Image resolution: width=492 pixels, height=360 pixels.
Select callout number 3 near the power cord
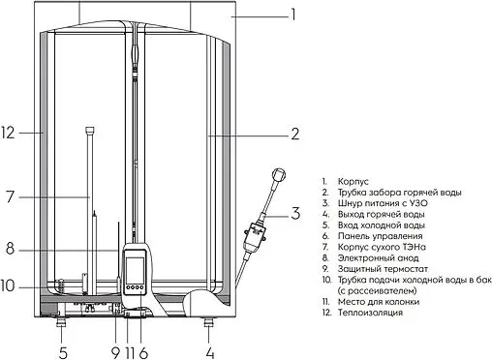(296, 213)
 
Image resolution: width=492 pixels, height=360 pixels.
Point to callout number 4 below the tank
(209, 351)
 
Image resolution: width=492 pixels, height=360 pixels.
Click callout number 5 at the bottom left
(63, 351)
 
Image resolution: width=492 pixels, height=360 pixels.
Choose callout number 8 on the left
(9, 249)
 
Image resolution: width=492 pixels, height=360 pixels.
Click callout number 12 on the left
(9, 133)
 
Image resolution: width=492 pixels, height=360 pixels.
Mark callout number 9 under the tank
(113, 351)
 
